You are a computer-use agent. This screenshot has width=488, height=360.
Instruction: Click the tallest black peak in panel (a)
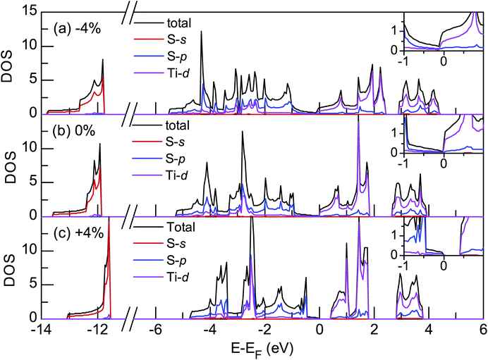(202, 32)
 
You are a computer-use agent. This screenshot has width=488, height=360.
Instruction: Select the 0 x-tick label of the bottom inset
(444, 267)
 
